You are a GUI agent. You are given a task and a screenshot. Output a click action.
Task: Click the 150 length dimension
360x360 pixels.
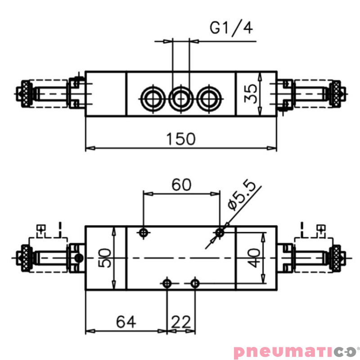coord(181,139)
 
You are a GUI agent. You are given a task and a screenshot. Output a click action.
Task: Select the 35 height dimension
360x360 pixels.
coord(253,94)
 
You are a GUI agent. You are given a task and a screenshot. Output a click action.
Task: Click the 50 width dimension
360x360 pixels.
coord(105,258)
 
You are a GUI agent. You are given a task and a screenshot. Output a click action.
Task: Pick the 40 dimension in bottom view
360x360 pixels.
coord(255,258)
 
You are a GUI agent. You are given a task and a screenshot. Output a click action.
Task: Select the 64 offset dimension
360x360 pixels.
coord(126,322)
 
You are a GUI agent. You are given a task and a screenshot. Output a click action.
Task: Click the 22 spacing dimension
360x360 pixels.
coord(181,322)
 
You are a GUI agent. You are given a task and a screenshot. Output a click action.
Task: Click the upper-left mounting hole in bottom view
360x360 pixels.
coord(144,232)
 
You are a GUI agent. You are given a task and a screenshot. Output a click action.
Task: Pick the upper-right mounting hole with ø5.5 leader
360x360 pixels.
coord(220,232)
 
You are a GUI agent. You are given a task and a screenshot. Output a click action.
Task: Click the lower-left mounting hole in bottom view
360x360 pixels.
coord(167,283)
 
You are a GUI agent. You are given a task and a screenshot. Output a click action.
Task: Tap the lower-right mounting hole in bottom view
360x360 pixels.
coord(195,283)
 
